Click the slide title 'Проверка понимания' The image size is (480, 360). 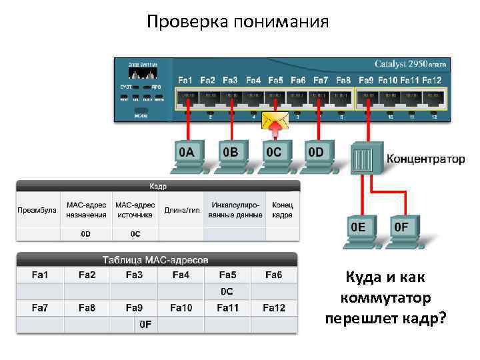tap(238, 22)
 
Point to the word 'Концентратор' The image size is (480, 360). tap(426, 159)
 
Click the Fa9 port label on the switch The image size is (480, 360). tap(366, 81)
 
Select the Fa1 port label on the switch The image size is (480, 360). tap(185, 81)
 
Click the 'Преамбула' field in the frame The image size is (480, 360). tap(37, 211)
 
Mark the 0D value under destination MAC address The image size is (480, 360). tap(86, 234)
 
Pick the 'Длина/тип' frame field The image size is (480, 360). tap(182, 211)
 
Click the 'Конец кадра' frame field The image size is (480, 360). tap(282, 211)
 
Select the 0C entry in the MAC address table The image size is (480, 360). tap(227, 291)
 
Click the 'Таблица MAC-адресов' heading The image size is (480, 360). tap(156, 259)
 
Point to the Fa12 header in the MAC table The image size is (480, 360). tap(273, 307)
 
